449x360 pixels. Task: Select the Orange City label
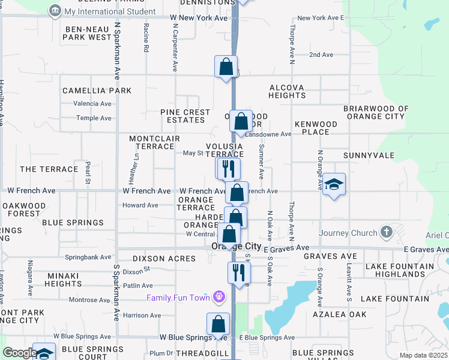236,247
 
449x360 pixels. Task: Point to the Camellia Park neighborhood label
97,91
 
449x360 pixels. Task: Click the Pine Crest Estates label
185,116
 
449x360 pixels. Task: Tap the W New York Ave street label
199,18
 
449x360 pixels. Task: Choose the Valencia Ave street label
92,103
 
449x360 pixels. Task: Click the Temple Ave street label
94,118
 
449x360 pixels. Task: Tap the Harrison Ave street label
142,315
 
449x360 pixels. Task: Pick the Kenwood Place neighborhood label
316,128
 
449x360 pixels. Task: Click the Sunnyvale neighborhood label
369,155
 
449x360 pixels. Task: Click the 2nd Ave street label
321,55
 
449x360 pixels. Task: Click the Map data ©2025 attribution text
423,355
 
